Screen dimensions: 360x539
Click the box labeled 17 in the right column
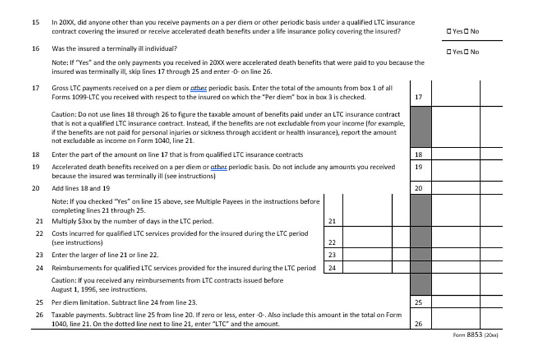tap(419, 97)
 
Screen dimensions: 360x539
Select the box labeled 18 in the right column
tap(419, 154)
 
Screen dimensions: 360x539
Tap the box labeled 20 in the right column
tap(419, 188)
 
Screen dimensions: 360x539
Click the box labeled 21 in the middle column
tap(332, 220)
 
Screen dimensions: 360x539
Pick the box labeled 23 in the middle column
tap(332, 254)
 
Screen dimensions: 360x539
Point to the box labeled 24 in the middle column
tap(332, 268)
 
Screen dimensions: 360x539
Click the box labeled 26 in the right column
tap(419, 324)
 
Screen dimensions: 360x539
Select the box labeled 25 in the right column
tap(419, 303)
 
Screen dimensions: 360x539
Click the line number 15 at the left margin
tap(36, 22)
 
